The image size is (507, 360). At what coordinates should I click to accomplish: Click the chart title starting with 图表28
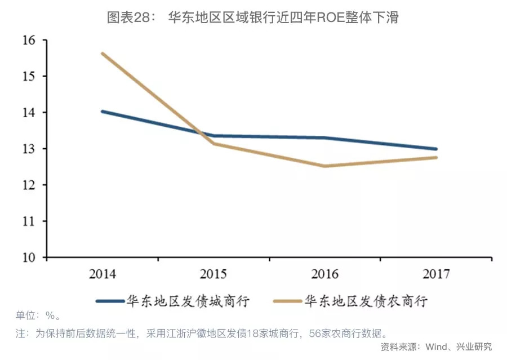(x=253, y=17)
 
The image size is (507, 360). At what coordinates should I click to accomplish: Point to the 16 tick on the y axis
(x=29, y=41)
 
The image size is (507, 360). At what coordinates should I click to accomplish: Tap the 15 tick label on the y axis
(x=29, y=77)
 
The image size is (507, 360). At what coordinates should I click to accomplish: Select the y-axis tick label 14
(x=29, y=113)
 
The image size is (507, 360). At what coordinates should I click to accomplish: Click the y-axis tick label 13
(x=29, y=149)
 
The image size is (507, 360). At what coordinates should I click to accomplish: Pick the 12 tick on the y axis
(x=29, y=185)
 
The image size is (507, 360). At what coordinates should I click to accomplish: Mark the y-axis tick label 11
(x=29, y=221)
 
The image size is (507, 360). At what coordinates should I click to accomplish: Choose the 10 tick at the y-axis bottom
(x=29, y=257)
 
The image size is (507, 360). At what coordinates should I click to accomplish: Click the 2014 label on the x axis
(x=102, y=274)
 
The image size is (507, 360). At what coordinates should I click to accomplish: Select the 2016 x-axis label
(x=324, y=274)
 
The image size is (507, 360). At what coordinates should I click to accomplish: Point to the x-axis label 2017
(x=436, y=274)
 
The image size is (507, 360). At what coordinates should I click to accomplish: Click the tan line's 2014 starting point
(x=102, y=54)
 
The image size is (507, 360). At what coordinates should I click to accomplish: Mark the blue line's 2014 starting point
(x=102, y=112)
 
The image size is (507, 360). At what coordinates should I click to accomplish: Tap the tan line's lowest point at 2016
(x=324, y=166)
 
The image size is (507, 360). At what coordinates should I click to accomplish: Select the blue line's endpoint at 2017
(x=436, y=149)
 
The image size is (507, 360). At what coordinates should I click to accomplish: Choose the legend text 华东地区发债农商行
(x=366, y=300)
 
